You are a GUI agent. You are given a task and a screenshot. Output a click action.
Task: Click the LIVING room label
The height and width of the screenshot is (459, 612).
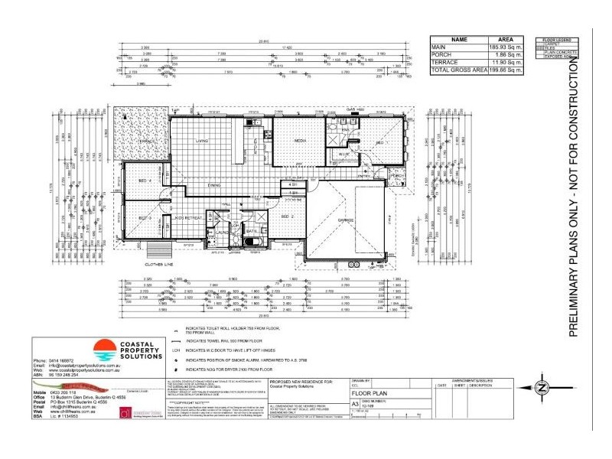(x=201, y=142)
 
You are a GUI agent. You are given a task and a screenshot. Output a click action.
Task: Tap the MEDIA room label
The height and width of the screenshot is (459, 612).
(x=301, y=142)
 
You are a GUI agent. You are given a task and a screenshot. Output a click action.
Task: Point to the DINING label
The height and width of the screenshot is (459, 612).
(x=214, y=185)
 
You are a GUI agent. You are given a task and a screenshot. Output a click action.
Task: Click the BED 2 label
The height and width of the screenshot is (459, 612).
(x=288, y=216)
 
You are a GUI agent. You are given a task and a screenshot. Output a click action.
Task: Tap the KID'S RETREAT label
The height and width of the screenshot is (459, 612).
(x=188, y=218)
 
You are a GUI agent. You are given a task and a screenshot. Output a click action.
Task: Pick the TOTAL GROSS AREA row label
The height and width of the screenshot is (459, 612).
(x=459, y=70)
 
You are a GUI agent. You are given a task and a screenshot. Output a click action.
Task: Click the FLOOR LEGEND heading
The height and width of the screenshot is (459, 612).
(x=555, y=40)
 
